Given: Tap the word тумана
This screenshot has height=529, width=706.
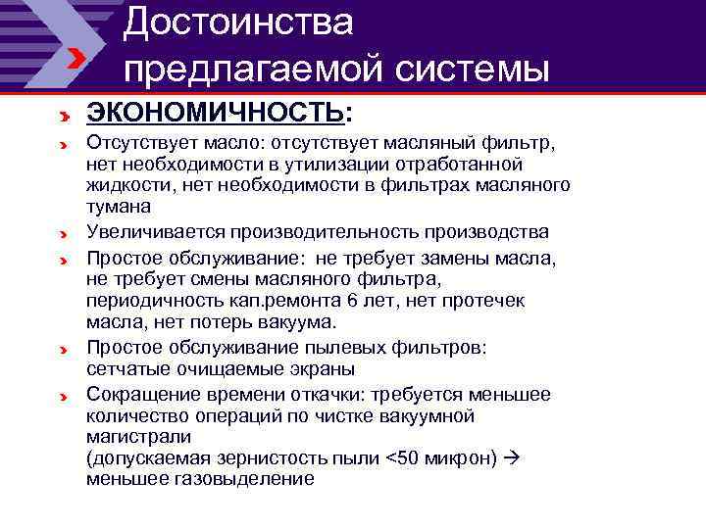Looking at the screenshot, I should click(118, 206).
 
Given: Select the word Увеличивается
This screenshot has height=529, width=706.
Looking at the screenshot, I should click(155, 232).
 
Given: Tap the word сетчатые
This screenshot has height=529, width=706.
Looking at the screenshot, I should click(125, 369).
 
